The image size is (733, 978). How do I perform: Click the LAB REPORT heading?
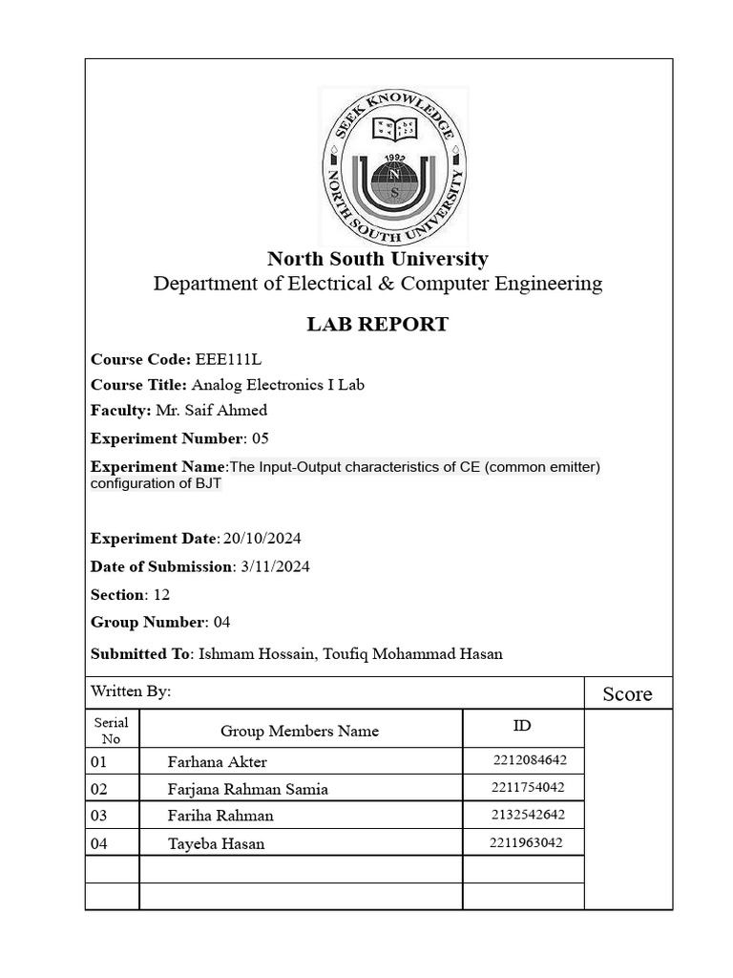coord(377,325)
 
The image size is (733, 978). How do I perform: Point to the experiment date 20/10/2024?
coord(262,539)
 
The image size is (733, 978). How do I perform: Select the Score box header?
coord(627,694)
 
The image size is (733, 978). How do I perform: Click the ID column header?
coord(522,726)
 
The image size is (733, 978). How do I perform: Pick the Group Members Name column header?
coord(300,731)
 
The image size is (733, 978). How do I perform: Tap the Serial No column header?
coord(112,731)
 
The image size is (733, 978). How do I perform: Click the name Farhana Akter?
coord(218,762)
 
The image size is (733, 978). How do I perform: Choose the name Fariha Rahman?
coord(220,816)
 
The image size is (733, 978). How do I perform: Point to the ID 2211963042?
coord(526,842)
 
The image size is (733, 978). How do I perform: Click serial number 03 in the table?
coord(99,816)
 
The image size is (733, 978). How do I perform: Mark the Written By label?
coord(131,691)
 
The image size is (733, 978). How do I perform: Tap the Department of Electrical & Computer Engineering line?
coord(378,284)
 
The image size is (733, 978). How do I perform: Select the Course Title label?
coord(138,385)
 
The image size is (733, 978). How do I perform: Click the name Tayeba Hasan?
coord(217,843)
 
